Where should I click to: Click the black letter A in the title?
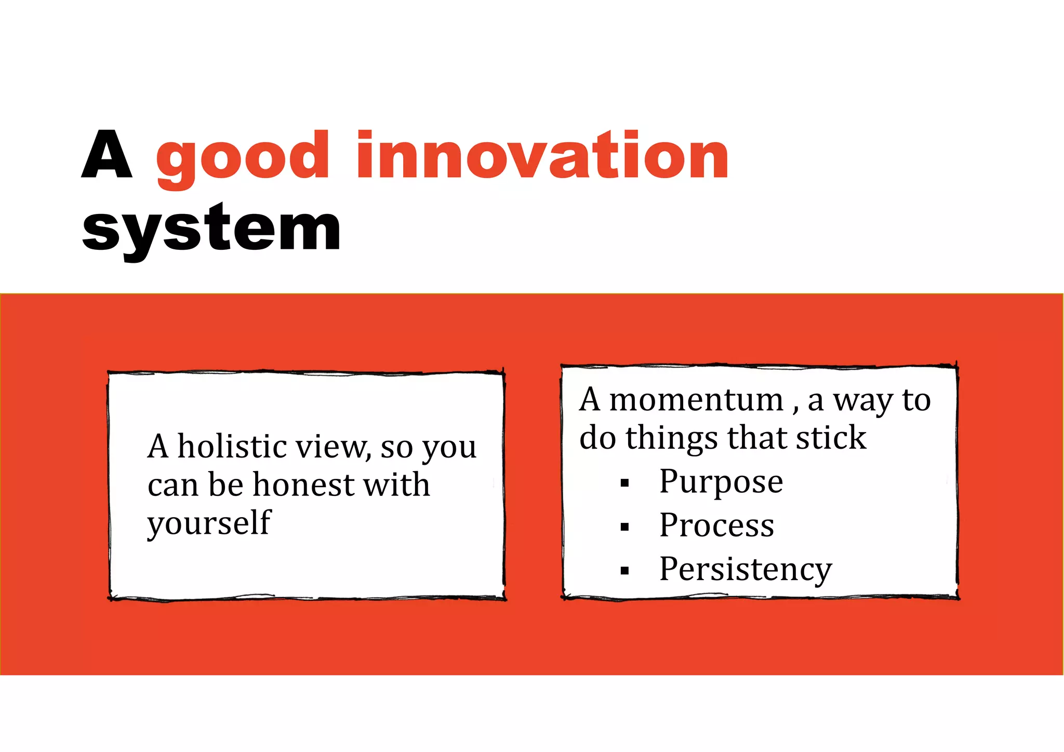(107, 154)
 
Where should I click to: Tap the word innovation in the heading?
(542, 155)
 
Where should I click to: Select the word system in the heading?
(211, 229)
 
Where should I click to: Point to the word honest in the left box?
(304, 485)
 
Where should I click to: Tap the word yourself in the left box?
(209, 523)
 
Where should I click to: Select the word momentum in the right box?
(696, 400)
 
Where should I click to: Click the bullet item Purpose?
(721, 482)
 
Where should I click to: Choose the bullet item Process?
(716, 525)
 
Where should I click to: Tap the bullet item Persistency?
(746, 570)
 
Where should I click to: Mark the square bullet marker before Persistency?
(624, 571)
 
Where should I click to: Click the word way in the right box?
(862, 401)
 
